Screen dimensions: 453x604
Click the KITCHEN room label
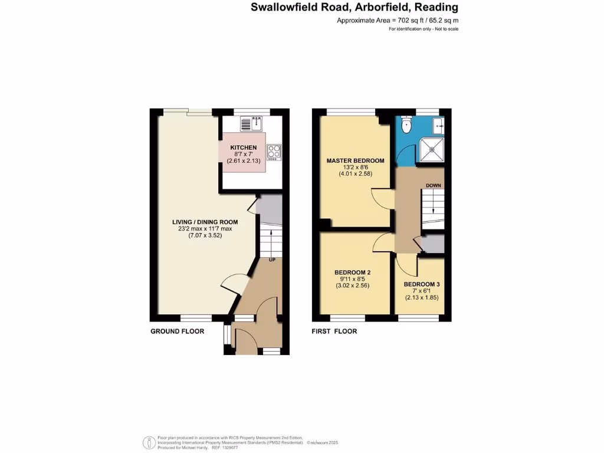tap(244, 147)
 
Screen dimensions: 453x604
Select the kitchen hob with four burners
tap(273, 152)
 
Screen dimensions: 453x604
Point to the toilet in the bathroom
tap(405, 125)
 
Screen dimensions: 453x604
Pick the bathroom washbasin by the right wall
tap(439, 124)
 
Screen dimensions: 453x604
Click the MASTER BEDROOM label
tap(356, 160)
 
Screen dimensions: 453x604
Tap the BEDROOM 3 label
tap(422, 284)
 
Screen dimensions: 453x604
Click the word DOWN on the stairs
tap(434, 186)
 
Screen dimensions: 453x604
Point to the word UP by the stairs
tap(273, 260)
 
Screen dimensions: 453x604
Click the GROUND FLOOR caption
tap(177, 331)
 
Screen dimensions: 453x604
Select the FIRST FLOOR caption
tap(334, 331)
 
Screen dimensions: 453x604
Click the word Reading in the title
tap(436, 8)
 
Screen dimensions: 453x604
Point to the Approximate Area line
tap(398, 21)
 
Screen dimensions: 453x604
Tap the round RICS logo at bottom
tap(149, 442)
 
